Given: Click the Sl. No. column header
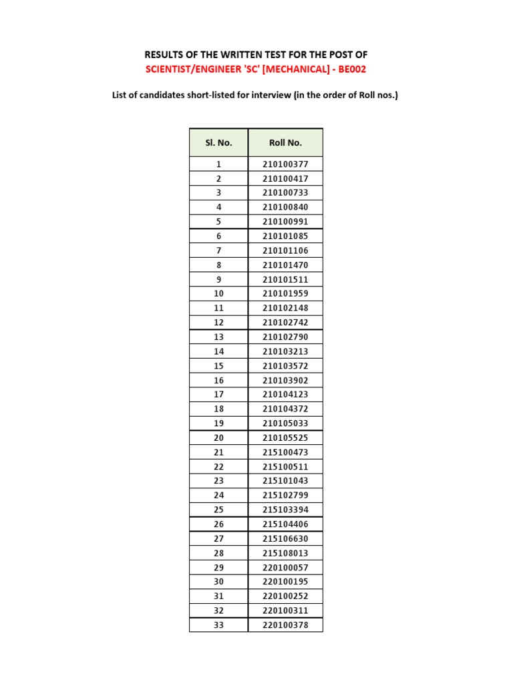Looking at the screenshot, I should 218,142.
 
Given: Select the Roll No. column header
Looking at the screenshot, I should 285,142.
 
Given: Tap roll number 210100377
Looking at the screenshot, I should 285,164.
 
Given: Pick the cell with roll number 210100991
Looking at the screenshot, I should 285,222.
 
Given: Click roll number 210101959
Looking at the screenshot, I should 285,294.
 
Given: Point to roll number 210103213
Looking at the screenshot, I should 285,351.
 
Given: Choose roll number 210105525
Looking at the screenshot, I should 285,438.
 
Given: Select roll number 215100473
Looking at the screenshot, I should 285,452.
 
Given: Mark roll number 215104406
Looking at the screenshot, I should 285,524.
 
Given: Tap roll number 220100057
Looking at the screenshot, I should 285,567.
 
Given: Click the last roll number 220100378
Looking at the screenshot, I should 285,625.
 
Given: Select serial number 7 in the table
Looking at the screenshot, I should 218,250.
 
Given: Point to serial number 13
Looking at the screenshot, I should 218,337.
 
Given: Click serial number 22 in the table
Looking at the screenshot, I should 218,467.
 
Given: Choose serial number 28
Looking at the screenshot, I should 218,553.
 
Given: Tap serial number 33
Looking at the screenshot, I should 218,625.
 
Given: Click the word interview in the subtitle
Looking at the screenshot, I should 279,96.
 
